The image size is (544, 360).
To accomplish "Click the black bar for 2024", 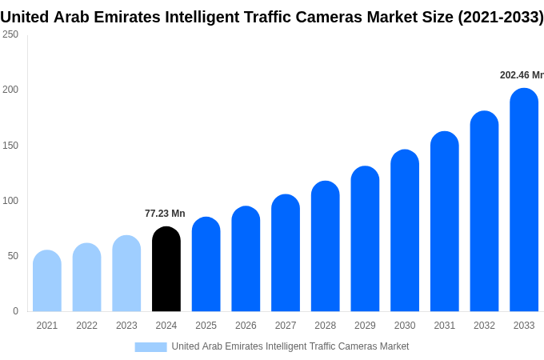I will pos(166,270).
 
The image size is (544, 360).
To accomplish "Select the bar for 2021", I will pos(47,282).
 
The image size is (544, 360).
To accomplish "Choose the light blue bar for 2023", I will pos(126,274).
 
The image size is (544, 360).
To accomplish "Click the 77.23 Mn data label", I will pos(165,214).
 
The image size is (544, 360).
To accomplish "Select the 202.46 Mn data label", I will pos(521,75).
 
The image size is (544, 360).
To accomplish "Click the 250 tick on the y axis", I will pos(10,34).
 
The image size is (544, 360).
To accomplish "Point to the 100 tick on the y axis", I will pos(10,200).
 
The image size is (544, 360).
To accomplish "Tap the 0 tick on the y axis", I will pos(15,311).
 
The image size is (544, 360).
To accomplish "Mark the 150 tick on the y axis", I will pos(10,145).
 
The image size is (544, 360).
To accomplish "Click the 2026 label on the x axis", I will pos(246,326).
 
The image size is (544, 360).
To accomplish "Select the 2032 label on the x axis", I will pos(484,326).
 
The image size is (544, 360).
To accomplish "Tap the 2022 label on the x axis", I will pos(86,326).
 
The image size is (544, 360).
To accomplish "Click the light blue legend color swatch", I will pos(150,346).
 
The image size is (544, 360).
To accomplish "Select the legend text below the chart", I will pos(290,346).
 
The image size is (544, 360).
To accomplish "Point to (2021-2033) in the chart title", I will pos(500,17).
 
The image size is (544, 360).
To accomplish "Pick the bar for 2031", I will pos(445,222).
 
